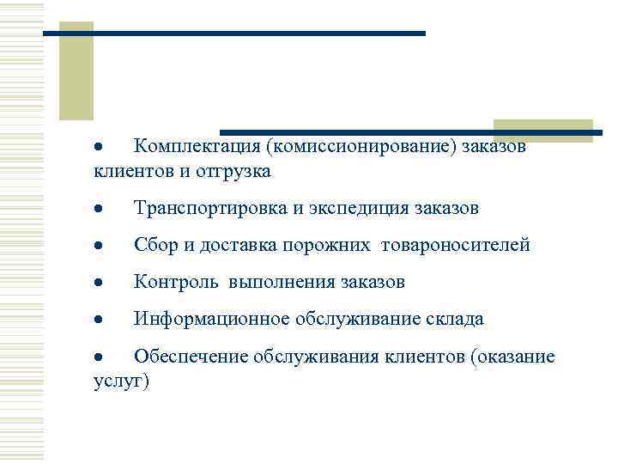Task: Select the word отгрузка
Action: click(236, 171)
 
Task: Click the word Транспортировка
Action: click(206, 209)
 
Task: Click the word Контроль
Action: click(173, 283)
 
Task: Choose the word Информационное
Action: click(212, 320)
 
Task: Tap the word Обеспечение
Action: click(188, 357)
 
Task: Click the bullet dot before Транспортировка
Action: click(100, 210)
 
